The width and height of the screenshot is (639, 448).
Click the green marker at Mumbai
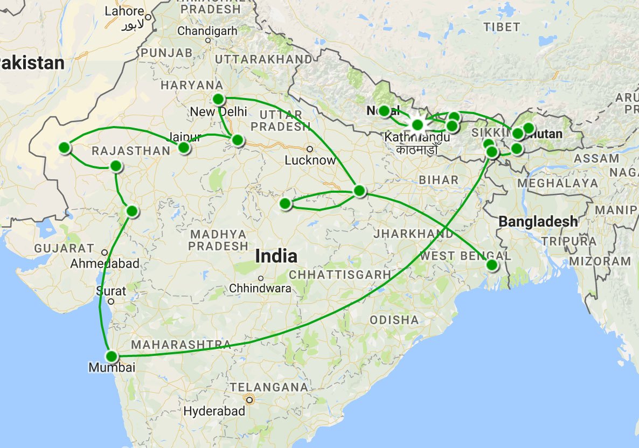coord(112,356)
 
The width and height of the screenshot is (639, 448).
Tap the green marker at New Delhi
coord(218,99)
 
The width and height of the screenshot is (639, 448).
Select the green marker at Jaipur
coord(184,148)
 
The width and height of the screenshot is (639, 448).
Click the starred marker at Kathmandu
coord(418,125)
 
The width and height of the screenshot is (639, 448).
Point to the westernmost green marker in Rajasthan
coord(65,148)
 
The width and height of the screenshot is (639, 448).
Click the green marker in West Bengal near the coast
coord(492,265)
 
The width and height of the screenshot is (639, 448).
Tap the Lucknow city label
coord(310,160)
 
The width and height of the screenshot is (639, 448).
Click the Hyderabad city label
coord(214,411)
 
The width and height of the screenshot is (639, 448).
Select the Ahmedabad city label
coord(105,264)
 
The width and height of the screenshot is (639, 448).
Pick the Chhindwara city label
coord(260,289)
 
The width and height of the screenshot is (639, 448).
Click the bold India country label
coord(276,256)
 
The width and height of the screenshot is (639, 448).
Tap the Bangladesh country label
coord(538,221)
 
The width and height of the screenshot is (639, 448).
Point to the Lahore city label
coord(124,11)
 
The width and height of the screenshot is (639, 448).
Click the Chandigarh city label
coord(207,31)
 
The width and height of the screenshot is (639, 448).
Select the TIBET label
coord(502,27)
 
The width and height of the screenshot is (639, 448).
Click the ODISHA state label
coord(394,320)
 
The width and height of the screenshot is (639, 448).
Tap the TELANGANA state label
coord(269,387)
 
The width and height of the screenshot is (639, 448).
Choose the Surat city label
coord(111,291)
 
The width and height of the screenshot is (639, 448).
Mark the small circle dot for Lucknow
coord(310,149)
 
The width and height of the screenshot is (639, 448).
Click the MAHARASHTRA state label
coord(181,344)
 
